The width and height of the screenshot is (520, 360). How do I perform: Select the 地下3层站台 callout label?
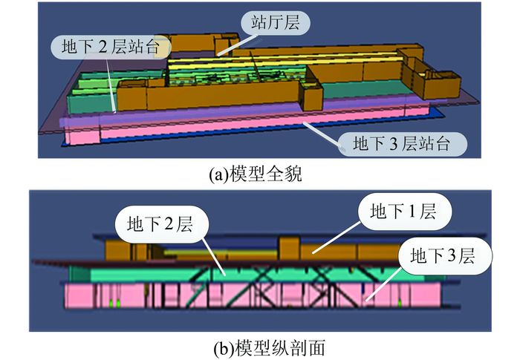pyautogui.click(x=402, y=141)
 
